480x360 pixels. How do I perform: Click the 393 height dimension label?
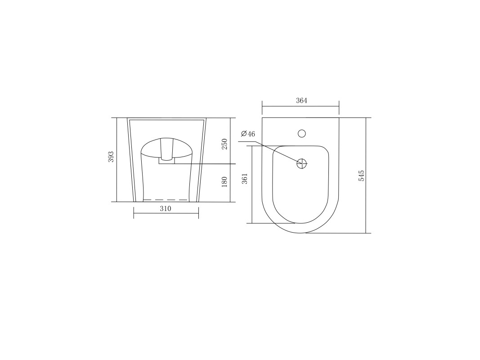pyautogui.click(x=111, y=157)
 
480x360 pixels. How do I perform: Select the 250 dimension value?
pyautogui.click(x=224, y=144)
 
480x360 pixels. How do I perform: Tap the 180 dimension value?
pyautogui.click(x=224, y=182)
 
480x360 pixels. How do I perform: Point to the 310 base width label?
pyautogui.click(x=166, y=208)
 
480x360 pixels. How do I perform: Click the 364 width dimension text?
pyautogui.click(x=301, y=100)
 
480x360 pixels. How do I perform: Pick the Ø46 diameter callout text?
pyautogui.click(x=248, y=134)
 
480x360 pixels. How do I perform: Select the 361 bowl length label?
pyautogui.click(x=245, y=179)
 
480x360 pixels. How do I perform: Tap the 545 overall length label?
pyautogui.click(x=362, y=176)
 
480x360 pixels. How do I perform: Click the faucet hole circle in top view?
pyautogui.click(x=302, y=134)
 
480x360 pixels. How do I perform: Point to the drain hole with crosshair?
pyautogui.click(x=302, y=164)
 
